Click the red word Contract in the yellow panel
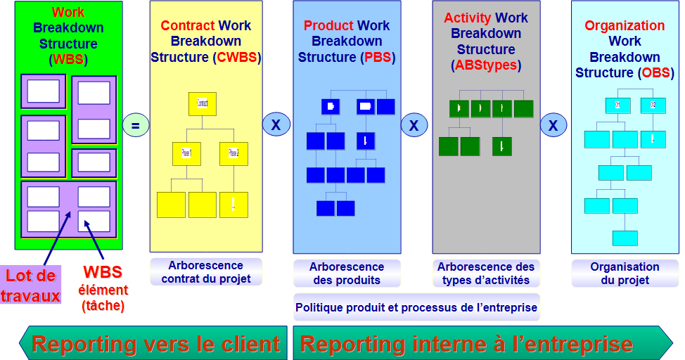tap(187, 26)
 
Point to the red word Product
tap(328, 26)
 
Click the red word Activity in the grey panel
tap(468, 18)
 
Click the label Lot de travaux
tap(31, 286)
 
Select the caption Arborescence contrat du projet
tap(206, 273)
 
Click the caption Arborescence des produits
tap(347, 273)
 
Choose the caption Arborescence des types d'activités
tap(486, 273)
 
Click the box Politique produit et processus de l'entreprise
tap(416, 308)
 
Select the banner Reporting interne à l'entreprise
tap(467, 345)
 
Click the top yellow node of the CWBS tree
tap(202, 104)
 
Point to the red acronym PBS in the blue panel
tap(372, 57)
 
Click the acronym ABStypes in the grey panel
tap(486, 65)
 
